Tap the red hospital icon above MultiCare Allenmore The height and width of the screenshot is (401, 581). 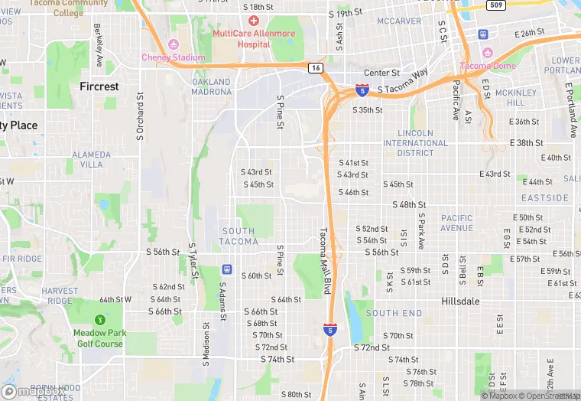tap(254, 20)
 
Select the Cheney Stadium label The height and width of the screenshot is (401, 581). tap(173, 57)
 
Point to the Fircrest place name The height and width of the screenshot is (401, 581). tap(99, 86)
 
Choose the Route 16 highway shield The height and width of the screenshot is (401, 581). tap(316, 68)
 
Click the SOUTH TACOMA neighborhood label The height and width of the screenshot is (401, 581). tap(239, 236)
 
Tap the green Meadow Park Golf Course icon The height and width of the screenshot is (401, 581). tap(99, 320)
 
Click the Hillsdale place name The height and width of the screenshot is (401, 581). tap(460, 301)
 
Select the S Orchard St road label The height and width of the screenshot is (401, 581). tap(140, 119)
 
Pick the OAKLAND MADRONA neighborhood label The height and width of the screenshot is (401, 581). tap(211, 86)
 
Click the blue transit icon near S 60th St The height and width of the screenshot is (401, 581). tap(226, 269)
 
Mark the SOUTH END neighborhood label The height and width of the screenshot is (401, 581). tap(394, 313)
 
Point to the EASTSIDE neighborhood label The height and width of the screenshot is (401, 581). tap(545, 197)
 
